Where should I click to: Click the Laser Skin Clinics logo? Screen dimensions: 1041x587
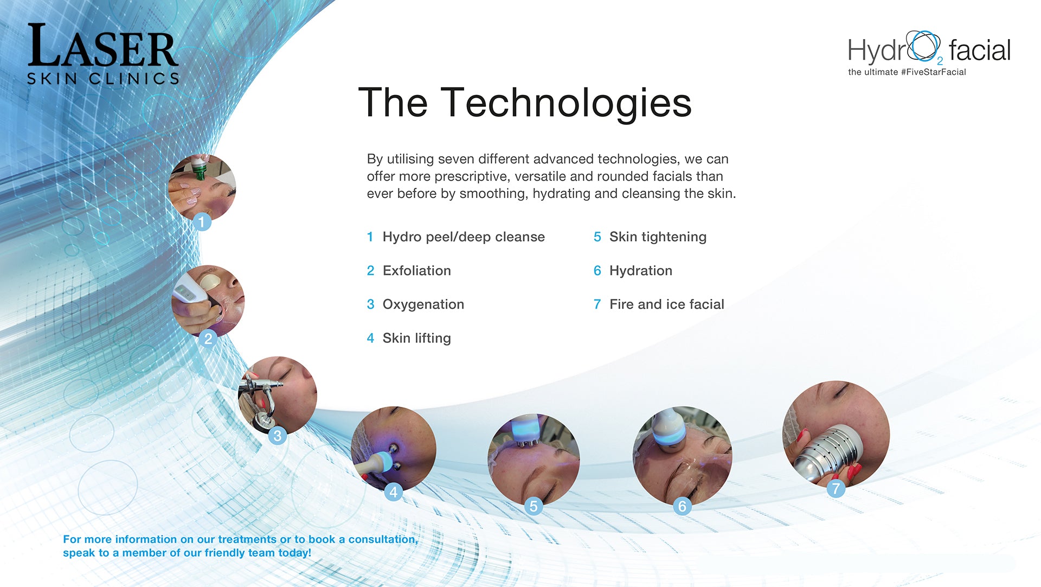(103, 54)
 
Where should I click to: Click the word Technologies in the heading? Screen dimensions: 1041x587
(566, 103)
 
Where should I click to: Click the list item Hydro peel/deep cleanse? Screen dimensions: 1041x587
(464, 237)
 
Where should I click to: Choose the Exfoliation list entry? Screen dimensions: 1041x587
(416, 271)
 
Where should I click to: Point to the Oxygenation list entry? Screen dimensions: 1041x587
(423, 304)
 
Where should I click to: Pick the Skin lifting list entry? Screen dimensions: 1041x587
(416, 338)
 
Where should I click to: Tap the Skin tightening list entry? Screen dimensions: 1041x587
(658, 237)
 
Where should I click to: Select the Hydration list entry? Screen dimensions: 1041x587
(640, 271)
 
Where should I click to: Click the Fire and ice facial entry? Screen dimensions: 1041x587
(666, 304)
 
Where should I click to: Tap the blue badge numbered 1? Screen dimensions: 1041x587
(202, 221)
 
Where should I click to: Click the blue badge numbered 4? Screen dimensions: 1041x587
(394, 492)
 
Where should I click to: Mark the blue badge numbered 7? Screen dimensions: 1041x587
(836, 488)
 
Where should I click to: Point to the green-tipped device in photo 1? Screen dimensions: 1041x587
(200, 168)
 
